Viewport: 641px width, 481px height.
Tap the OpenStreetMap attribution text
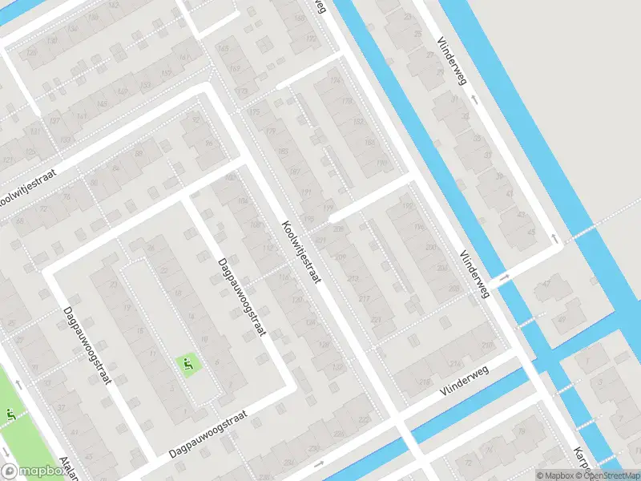(x=604, y=475)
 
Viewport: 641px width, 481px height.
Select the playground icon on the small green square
(x=188, y=366)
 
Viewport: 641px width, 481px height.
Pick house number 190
(x=381, y=164)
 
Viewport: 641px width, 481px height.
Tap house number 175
(x=254, y=111)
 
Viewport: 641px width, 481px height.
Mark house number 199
(x=327, y=208)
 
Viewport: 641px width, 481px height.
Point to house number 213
(x=354, y=278)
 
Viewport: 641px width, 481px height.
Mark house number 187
(x=294, y=172)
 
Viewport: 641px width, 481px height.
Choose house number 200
(x=432, y=248)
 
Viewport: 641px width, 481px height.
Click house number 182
(x=358, y=122)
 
